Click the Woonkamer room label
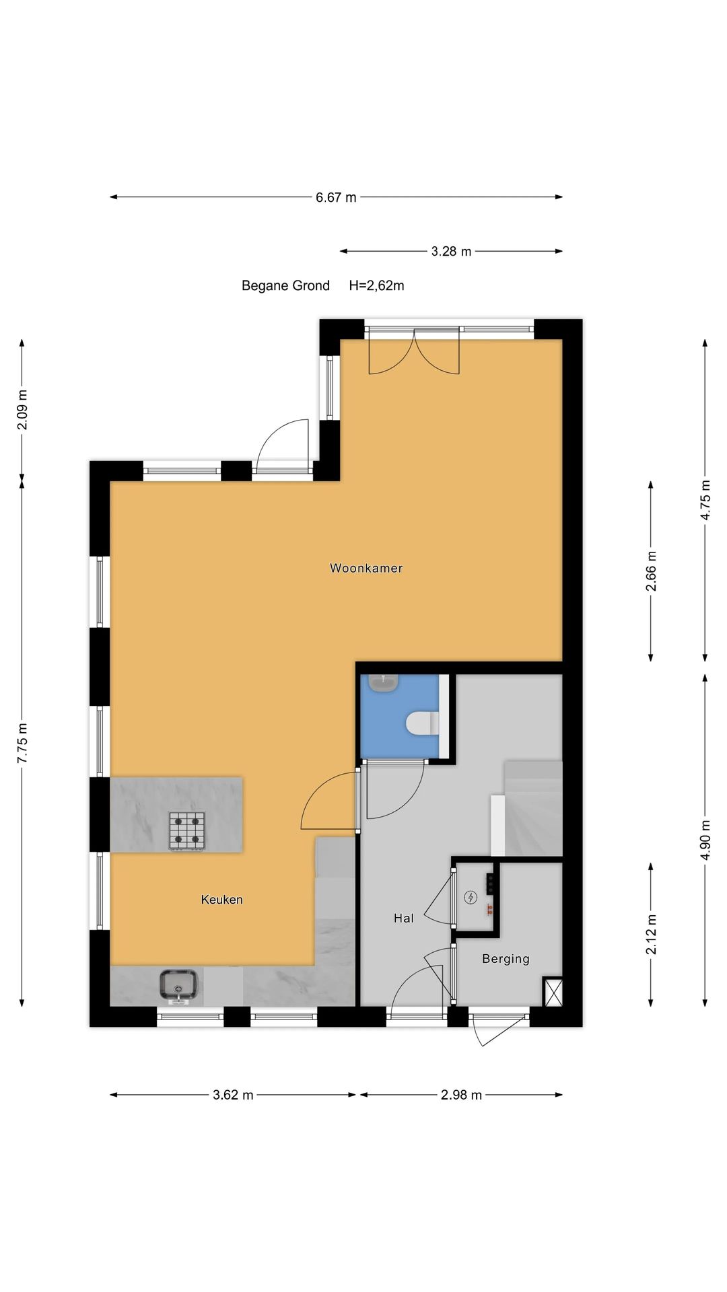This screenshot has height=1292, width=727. click(366, 568)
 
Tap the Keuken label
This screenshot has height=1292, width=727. click(221, 900)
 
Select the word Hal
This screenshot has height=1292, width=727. click(404, 918)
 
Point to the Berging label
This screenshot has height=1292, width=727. click(506, 959)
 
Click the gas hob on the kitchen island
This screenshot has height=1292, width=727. click(187, 831)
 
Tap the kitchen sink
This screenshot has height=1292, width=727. click(178, 986)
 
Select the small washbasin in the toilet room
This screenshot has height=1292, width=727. click(383, 682)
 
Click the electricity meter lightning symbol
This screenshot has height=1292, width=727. click(471, 897)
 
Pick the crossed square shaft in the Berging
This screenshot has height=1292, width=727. click(553, 992)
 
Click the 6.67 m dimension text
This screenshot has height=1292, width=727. click(336, 197)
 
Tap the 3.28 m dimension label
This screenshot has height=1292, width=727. click(451, 251)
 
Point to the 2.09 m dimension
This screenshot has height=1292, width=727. click(22, 410)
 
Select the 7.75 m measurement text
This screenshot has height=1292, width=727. click(22, 742)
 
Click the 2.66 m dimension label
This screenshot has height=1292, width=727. click(651, 571)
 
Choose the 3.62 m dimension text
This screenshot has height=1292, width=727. click(233, 1095)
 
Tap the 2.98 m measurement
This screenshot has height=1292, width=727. click(461, 1095)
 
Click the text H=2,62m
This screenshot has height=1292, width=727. click(376, 285)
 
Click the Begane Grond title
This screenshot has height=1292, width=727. click(285, 285)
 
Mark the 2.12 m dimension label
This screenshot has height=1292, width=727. click(651, 934)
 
